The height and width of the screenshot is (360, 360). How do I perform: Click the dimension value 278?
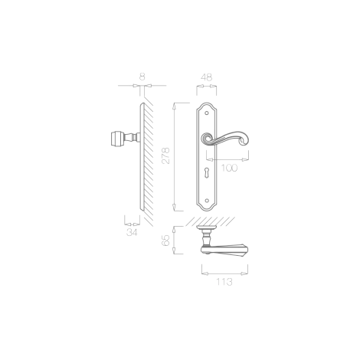(x=166, y=155)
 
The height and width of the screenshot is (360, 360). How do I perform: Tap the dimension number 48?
(x=206, y=77)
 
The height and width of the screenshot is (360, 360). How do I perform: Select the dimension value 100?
(x=229, y=168)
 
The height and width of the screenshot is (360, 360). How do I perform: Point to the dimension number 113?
(x=224, y=282)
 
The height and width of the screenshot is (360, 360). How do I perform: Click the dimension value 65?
(x=166, y=241)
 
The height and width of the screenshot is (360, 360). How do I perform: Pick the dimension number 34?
(x=132, y=232)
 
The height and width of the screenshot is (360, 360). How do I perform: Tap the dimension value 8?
(x=142, y=77)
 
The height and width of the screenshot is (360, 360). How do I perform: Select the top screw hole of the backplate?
(x=207, y=113)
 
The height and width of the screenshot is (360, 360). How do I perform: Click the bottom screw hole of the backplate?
(x=207, y=201)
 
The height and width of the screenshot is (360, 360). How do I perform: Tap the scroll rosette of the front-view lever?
(x=207, y=139)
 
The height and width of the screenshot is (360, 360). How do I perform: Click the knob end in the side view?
(x=116, y=139)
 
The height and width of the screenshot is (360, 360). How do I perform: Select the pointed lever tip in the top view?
(x=246, y=250)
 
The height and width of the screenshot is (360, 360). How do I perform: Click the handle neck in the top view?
(x=206, y=237)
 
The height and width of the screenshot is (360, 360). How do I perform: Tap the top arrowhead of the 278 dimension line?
(x=175, y=106)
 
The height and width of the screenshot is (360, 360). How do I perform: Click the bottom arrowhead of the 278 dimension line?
(x=175, y=208)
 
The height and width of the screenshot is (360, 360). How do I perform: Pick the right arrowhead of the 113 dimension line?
(x=244, y=273)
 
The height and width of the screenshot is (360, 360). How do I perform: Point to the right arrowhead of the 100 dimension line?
(x=246, y=159)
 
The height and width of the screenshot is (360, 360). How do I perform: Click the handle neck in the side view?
(x=130, y=139)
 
